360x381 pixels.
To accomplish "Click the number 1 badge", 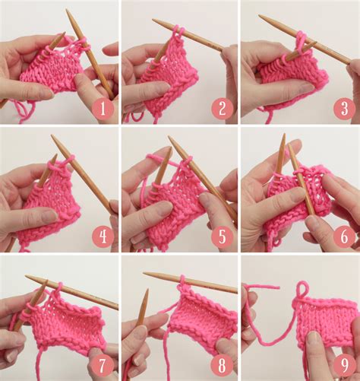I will point(103,108).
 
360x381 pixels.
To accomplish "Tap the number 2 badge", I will point(222,108).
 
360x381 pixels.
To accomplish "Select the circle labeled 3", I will point(343,108).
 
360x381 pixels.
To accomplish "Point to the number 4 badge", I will point(103,237).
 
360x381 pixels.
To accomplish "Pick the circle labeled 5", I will point(222,237).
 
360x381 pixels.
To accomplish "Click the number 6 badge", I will point(343,237).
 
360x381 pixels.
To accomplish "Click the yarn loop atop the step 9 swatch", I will point(303,290).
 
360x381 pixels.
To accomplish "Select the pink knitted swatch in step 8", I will point(201,319).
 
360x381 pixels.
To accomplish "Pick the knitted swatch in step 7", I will point(68,323).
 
